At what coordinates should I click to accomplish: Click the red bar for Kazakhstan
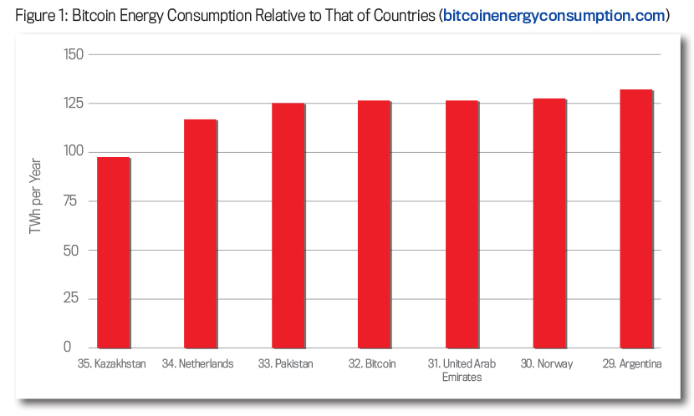point(114,252)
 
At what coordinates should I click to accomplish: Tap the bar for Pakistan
point(288,226)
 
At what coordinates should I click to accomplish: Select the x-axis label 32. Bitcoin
point(374,363)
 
